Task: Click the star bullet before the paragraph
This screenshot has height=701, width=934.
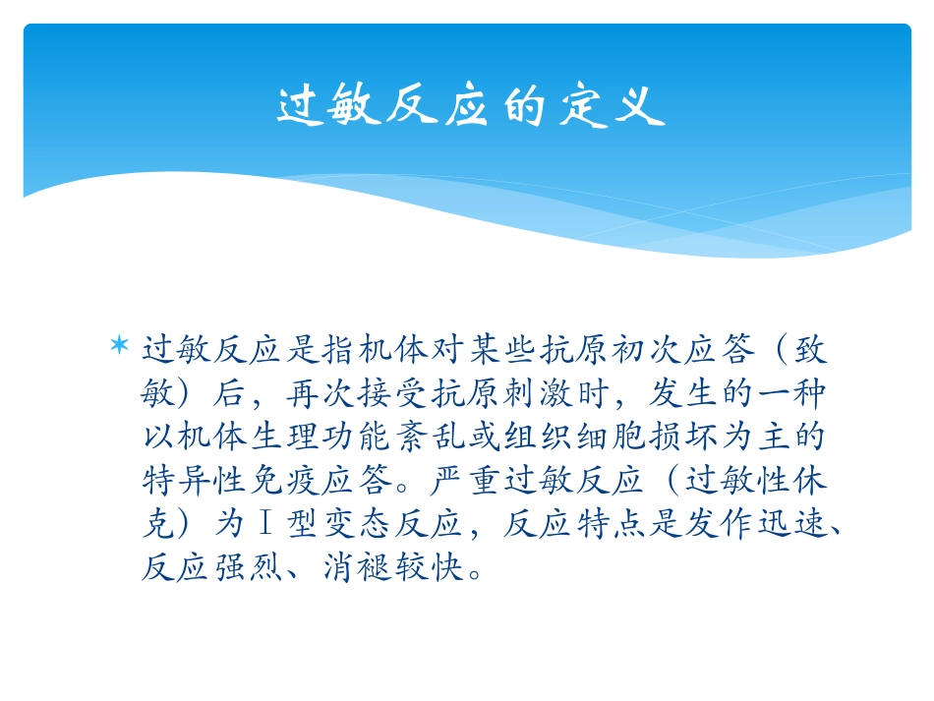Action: point(119,346)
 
